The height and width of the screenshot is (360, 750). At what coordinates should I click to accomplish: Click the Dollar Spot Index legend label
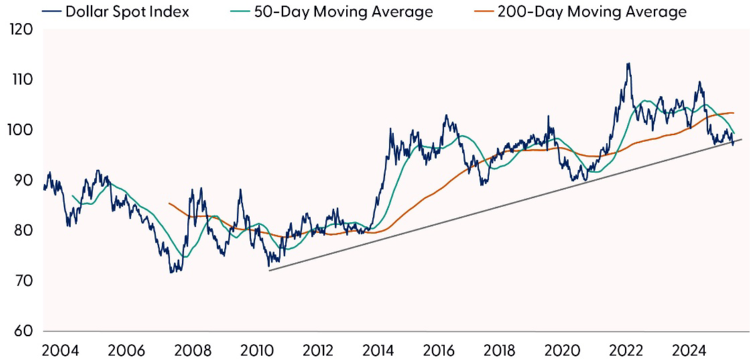click(x=127, y=12)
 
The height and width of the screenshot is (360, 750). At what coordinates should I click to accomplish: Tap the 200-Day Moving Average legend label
click(x=592, y=12)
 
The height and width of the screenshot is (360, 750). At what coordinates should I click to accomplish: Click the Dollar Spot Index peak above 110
click(x=628, y=64)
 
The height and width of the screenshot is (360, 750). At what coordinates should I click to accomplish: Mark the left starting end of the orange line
click(x=168, y=203)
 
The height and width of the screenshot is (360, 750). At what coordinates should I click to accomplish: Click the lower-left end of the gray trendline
click(x=269, y=271)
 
